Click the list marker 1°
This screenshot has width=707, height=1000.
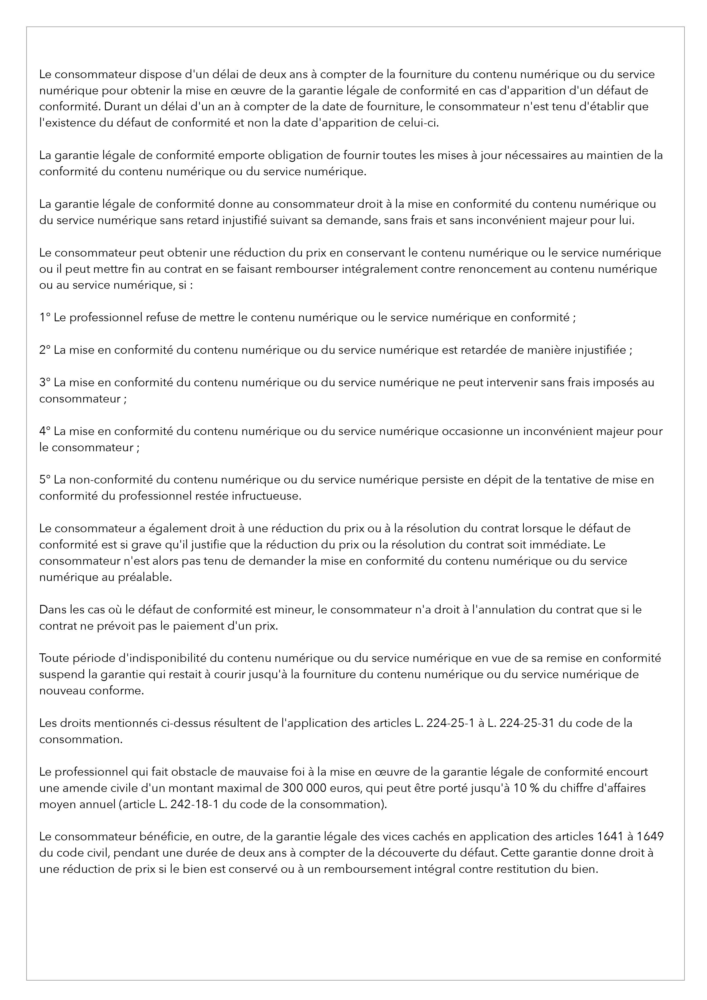coord(45,318)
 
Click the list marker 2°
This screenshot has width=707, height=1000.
coord(45,350)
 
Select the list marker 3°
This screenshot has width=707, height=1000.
coord(45,382)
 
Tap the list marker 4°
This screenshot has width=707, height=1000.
coord(45,431)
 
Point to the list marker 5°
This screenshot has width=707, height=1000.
coord(45,480)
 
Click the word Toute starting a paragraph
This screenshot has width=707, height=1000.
coord(52,658)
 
